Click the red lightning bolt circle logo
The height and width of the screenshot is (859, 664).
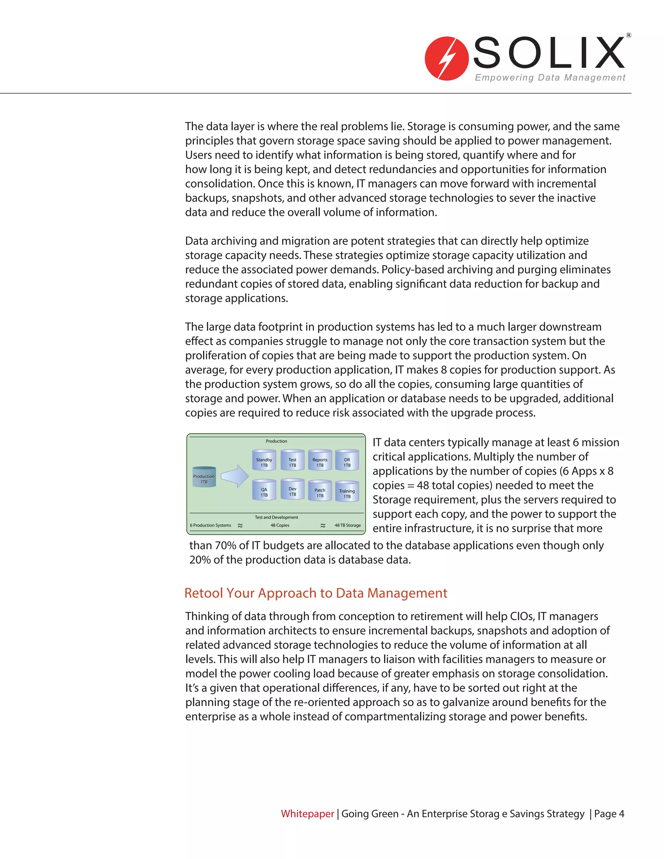click(x=446, y=59)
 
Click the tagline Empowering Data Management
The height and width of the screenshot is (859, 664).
click(x=550, y=77)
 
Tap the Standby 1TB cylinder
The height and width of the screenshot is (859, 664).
click(x=264, y=460)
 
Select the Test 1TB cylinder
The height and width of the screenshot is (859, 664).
click(x=292, y=460)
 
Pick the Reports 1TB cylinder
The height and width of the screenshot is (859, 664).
click(x=320, y=460)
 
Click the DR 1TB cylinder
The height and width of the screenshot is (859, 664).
click(x=347, y=460)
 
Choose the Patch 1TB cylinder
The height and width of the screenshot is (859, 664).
click(x=320, y=491)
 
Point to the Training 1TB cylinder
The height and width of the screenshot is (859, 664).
click(x=347, y=492)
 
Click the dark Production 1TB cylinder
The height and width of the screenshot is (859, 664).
click(x=204, y=477)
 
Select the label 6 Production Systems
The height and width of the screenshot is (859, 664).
click(x=210, y=525)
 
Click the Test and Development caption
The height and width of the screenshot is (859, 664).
click(x=276, y=517)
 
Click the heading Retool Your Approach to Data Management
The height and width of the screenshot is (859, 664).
click(x=315, y=593)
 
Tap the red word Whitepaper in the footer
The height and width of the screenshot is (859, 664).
click(x=307, y=813)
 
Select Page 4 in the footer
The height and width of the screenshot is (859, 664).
click(x=609, y=813)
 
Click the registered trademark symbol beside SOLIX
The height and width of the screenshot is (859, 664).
click(x=629, y=35)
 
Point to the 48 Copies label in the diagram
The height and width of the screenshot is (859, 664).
click(x=280, y=525)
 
